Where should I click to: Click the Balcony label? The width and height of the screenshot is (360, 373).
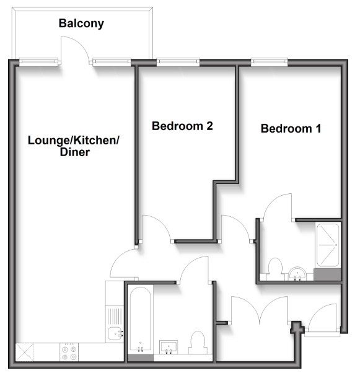[81, 24]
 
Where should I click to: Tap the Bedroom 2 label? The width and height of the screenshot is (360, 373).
[183, 126]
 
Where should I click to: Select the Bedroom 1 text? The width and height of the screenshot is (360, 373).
[291, 129]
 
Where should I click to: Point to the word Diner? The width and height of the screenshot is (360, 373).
[72, 152]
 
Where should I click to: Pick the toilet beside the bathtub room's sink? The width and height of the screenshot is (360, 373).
[198, 343]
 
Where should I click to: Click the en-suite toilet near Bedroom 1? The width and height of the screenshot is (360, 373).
[274, 268]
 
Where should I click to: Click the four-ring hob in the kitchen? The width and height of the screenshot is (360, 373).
[68, 353]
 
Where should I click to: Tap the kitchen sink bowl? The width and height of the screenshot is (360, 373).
[115, 335]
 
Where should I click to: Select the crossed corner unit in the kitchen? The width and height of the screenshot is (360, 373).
[24, 353]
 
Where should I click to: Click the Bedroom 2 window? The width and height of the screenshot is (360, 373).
[178, 61]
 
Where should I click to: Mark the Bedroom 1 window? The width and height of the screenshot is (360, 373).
[270, 61]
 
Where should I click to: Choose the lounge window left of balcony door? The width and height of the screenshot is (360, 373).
[40, 61]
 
